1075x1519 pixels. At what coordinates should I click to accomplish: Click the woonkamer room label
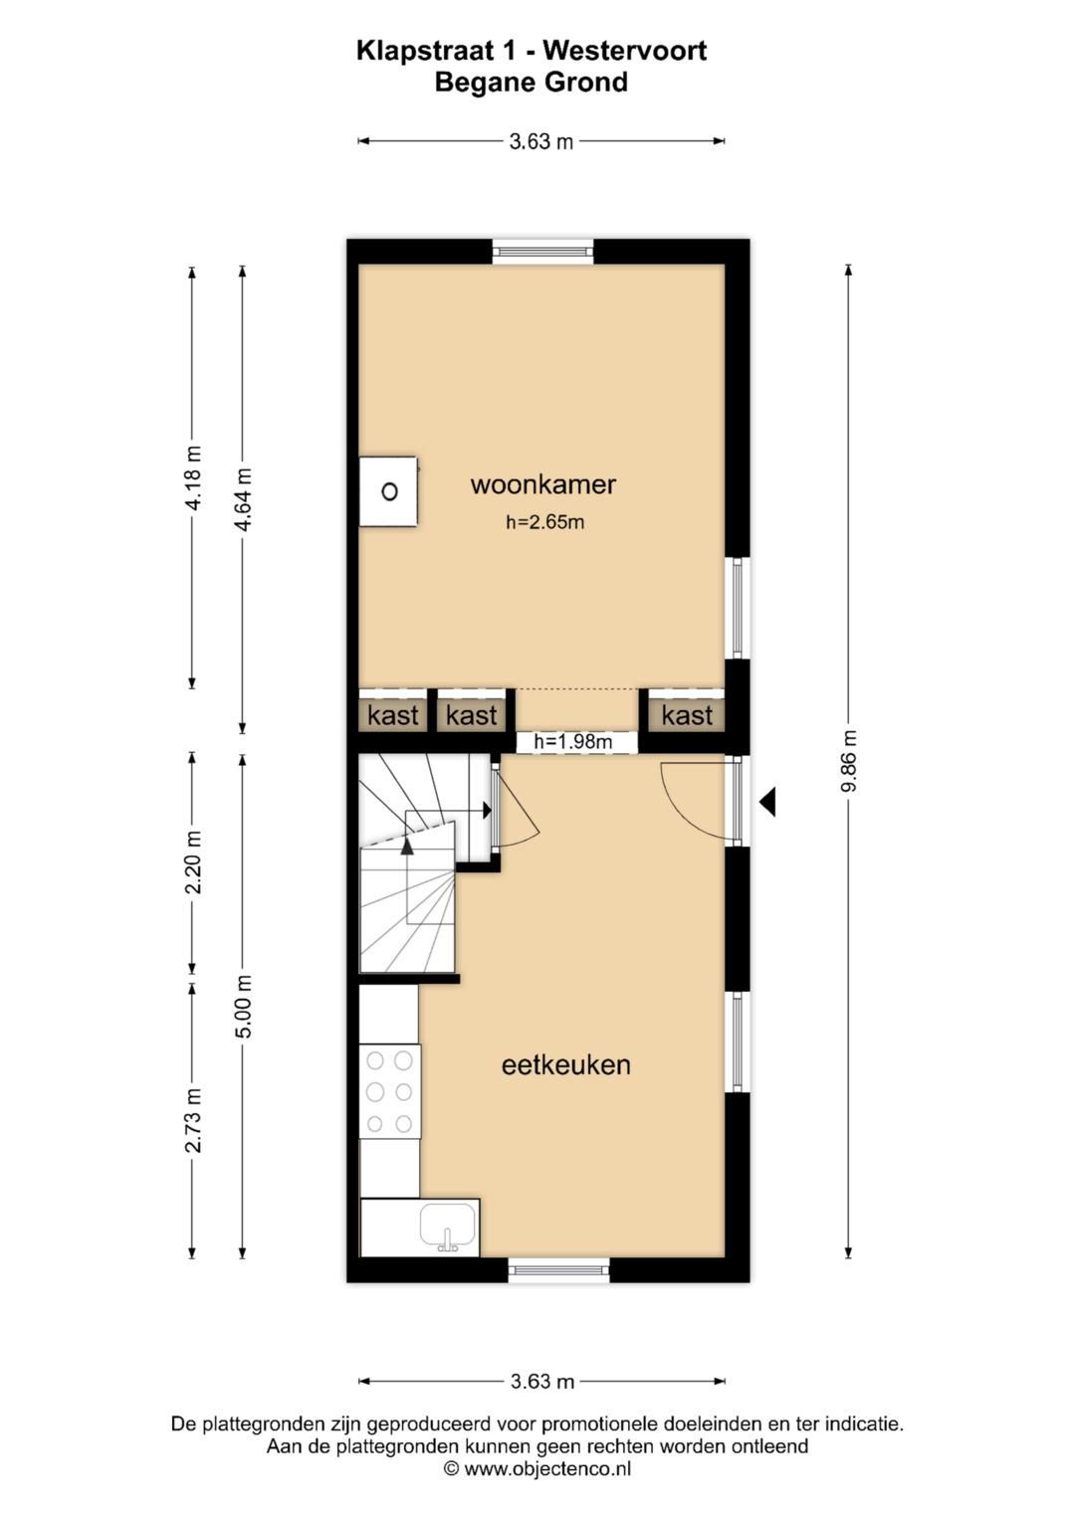click(542, 484)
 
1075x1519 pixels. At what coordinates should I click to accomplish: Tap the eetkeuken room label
click(565, 1064)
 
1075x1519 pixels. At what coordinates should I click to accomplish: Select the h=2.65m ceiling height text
click(544, 522)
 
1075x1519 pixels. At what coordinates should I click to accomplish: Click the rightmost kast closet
click(687, 715)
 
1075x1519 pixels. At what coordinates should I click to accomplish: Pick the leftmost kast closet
click(392, 715)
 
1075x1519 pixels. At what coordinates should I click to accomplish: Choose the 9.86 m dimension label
click(849, 761)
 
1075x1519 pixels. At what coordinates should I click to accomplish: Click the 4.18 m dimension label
click(193, 478)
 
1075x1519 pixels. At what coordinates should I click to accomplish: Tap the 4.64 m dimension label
click(243, 499)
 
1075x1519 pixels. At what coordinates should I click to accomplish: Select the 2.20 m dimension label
click(193, 861)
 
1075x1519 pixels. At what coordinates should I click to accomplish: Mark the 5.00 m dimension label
click(243, 1006)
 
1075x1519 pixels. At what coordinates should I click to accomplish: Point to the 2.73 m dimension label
click(193, 1120)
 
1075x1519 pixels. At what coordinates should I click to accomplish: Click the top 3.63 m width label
click(540, 141)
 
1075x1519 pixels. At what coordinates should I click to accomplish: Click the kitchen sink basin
click(448, 1226)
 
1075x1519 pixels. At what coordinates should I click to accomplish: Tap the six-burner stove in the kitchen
click(389, 1091)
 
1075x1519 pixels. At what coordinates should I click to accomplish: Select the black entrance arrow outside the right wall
click(767, 801)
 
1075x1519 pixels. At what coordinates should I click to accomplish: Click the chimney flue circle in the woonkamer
click(389, 491)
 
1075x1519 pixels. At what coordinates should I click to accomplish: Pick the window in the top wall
click(543, 251)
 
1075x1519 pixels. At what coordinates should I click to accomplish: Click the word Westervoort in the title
click(625, 51)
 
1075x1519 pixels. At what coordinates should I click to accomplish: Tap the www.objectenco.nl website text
click(547, 1468)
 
